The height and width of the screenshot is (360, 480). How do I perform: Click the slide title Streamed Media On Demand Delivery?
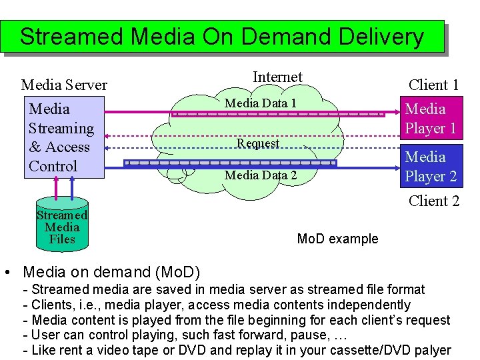pyautogui.click(x=221, y=36)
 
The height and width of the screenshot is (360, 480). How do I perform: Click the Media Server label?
pyautogui.click(x=64, y=85)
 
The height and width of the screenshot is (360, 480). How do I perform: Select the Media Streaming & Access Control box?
pyautogui.click(x=64, y=137)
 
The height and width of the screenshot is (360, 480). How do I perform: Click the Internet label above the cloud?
pyautogui.click(x=277, y=77)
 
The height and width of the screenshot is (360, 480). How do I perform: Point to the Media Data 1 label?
pyautogui.click(x=261, y=103)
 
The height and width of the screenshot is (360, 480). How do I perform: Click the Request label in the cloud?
pyautogui.click(x=258, y=143)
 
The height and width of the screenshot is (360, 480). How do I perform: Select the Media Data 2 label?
pyautogui.click(x=261, y=175)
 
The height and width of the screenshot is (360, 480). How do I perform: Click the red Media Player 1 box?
pyautogui.click(x=430, y=118)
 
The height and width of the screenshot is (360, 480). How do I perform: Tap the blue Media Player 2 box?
pyautogui.click(x=430, y=167)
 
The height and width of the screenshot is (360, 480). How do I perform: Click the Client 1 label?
pyautogui.click(x=433, y=85)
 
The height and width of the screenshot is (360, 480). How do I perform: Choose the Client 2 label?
pyautogui.click(x=433, y=201)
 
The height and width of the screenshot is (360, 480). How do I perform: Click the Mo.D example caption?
pyautogui.click(x=337, y=239)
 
